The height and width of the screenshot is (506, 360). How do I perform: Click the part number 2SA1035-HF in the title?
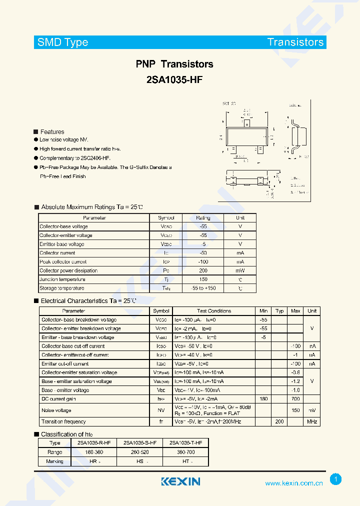click(x=174, y=79)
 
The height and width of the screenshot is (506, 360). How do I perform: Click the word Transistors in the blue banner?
click(x=295, y=42)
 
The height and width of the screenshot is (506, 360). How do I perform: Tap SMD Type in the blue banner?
click(x=62, y=42)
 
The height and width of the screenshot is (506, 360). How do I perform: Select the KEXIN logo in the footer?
click(x=180, y=481)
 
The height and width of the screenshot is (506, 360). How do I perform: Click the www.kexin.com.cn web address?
click(x=293, y=483)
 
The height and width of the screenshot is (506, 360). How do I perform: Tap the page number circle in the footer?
click(x=336, y=479)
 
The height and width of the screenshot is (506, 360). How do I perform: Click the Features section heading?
click(x=52, y=132)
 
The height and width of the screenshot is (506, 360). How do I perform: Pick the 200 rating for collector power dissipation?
click(x=203, y=270)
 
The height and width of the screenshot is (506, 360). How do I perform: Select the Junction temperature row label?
click(x=62, y=279)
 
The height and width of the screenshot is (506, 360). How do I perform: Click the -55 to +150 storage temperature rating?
click(x=203, y=288)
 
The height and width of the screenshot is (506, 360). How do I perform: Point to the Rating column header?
click(x=203, y=218)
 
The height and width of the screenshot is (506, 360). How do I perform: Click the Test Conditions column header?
click(x=214, y=311)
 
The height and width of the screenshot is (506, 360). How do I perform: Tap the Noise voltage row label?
click(x=56, y=410)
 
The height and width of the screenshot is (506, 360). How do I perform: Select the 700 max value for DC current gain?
click(x=295, y=399)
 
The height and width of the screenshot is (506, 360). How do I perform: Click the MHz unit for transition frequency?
click(x=312, y=422)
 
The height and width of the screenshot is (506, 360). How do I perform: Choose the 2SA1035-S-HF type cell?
click(x=140, y=443)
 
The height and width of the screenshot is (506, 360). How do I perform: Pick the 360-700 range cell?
click(x=185, y=452)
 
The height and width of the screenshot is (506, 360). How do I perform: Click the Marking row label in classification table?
click(x=55, y=461)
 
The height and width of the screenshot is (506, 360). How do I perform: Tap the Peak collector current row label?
click(x=63, y=262)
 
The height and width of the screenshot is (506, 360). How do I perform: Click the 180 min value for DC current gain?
click(x=263, y=399)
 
